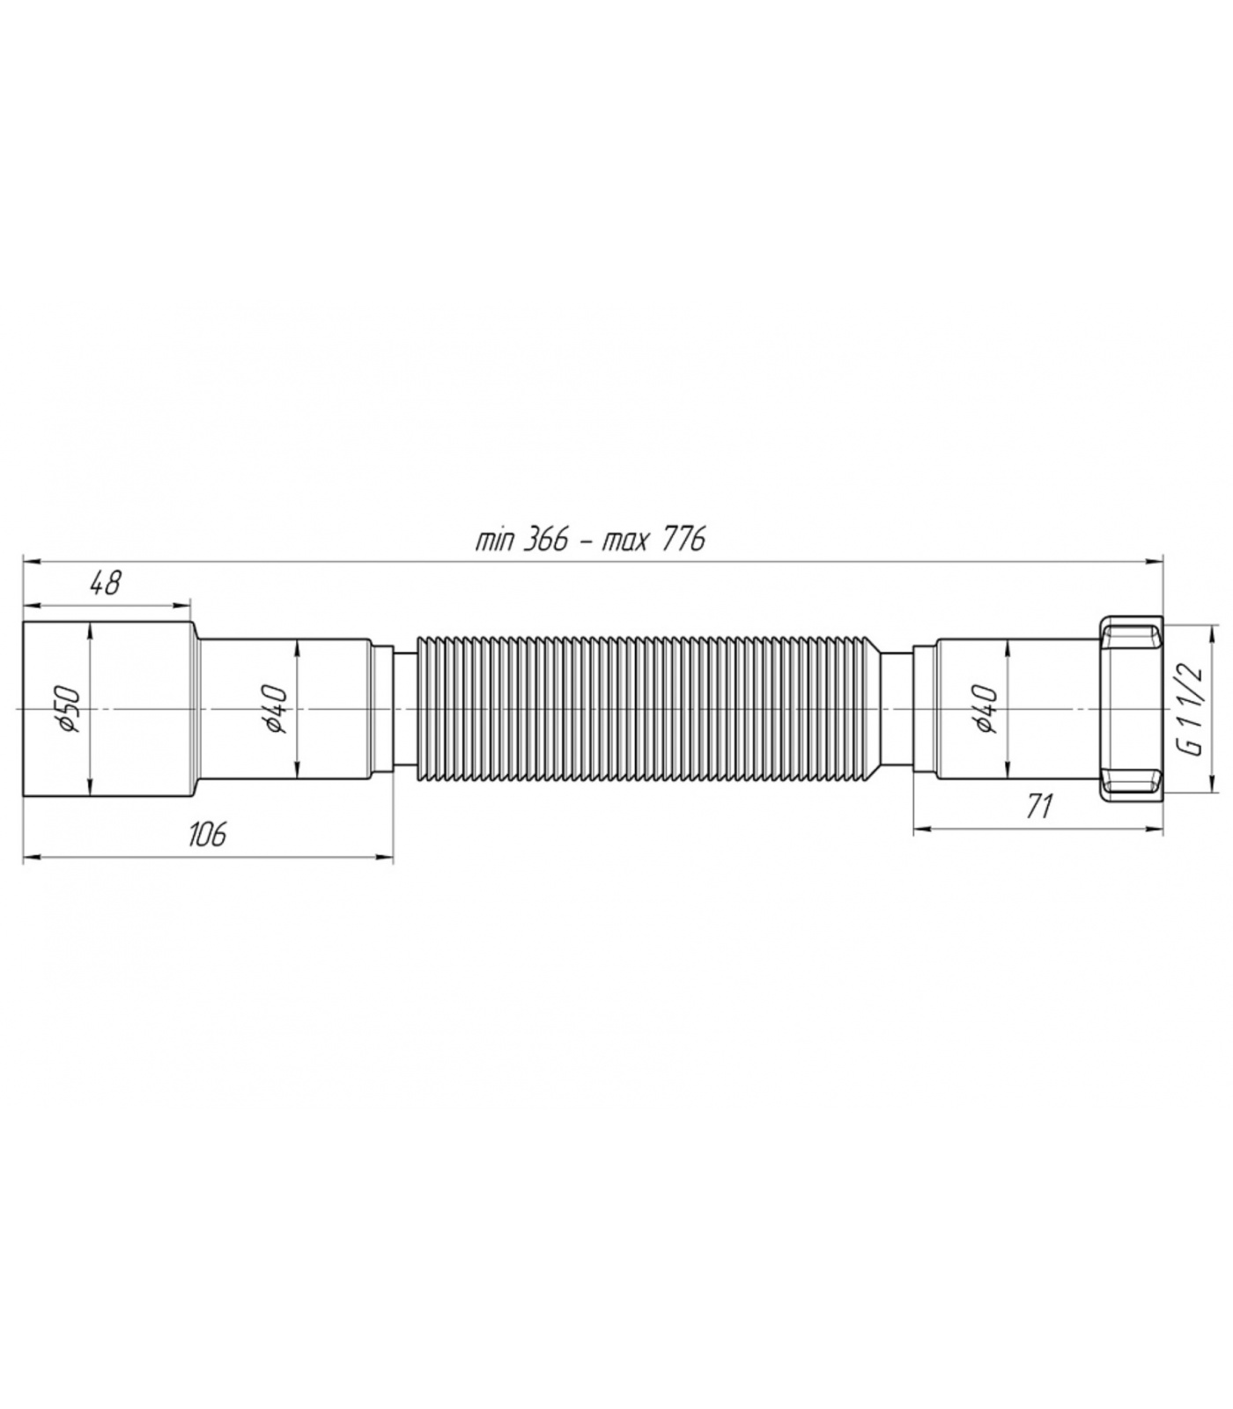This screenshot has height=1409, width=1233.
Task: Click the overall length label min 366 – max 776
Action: click(x=590, y=539)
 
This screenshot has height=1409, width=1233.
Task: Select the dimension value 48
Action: click(x=105, y=584)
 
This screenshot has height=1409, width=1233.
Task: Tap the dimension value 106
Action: click(x=208, y=832)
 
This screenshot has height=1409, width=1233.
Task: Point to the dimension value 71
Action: click(x=1040, y=805)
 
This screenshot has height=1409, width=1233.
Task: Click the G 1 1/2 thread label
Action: click(x=1190, y=710)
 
